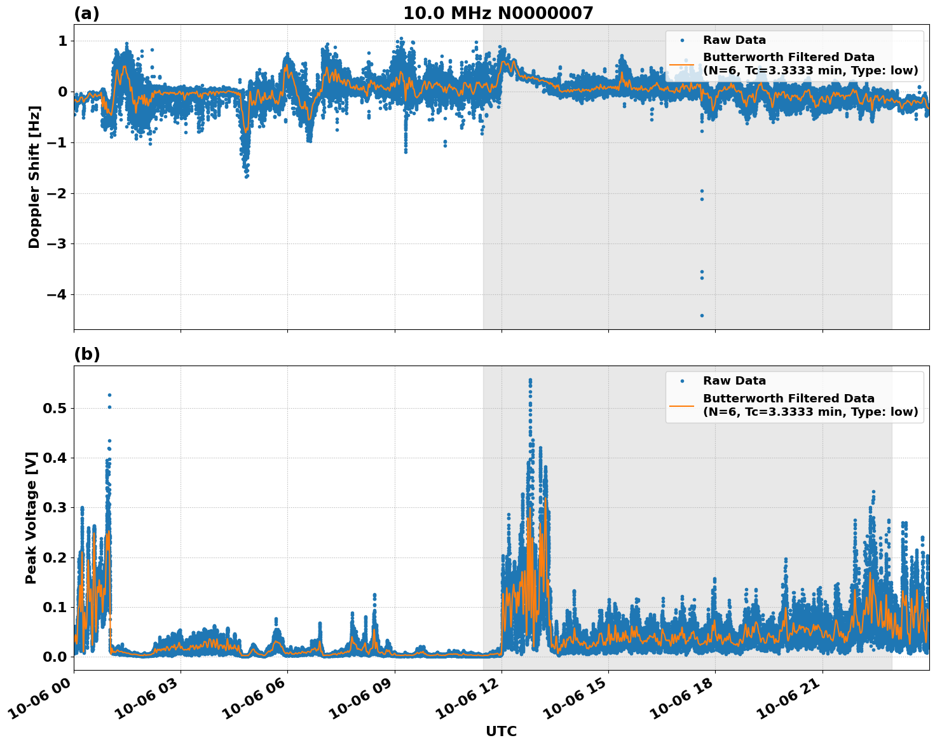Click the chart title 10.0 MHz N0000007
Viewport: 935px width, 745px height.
[x=498, y=13]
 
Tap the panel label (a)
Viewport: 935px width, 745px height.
[x=86, y=13]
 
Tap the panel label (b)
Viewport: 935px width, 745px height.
[x=86, y=354]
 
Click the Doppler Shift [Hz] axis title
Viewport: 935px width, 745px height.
[x=34, y=177]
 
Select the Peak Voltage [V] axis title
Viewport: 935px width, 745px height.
[x=31, y=517]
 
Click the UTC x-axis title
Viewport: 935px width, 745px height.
[x=501, y=731]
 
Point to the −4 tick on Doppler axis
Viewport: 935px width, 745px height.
[x=56, y=294]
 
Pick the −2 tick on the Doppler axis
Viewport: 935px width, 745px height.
[x=56, y=193]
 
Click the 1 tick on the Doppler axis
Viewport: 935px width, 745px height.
[x=62, y=41]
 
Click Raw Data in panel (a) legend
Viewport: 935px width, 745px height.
[x=734, y=40]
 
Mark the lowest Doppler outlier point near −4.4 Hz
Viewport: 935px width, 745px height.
[x=702, y=315]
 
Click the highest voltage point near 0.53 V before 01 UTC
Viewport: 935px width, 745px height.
[x=109, y=395]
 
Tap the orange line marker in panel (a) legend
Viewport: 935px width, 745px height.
[x=681, y=64]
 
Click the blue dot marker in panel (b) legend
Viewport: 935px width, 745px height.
[x=681, y=381]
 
